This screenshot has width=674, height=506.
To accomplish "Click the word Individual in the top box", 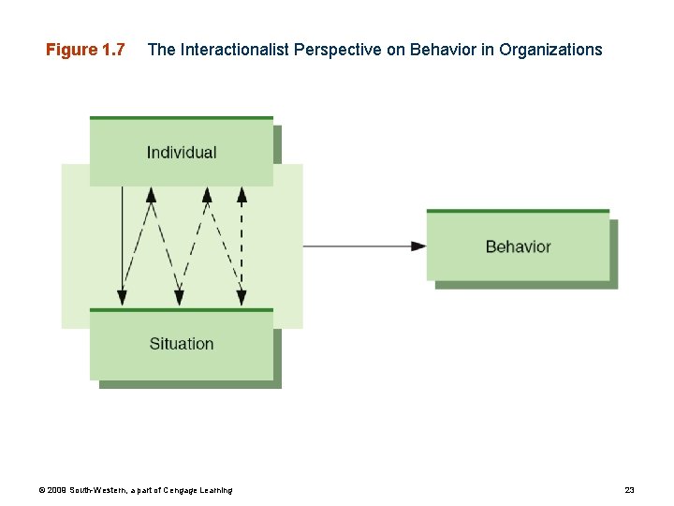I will point(182,153).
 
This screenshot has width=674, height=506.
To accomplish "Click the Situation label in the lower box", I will point(182,344).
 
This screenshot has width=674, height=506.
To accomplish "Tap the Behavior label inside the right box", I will point(518,247).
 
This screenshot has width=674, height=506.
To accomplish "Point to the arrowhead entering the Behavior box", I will point(418,246).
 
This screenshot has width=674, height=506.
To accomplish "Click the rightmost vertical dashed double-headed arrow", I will point(242,246).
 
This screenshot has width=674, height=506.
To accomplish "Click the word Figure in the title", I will point(71,50).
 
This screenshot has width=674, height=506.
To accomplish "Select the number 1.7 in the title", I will point(111,50).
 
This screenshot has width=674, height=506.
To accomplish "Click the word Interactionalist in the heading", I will point(233,50).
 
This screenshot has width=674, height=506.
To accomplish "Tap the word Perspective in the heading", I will point(336,50).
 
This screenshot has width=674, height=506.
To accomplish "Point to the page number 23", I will point(629,490).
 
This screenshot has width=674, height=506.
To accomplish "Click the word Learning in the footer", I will point(218,490).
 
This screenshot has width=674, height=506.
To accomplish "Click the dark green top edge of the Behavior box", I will point(518,211).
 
